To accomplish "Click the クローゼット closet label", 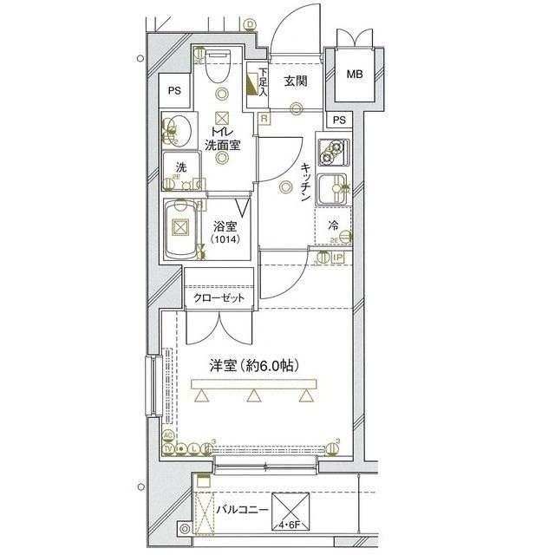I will tap(219, 298).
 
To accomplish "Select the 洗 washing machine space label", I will tap(180, 167).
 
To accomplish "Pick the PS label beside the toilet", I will tap(175, 90).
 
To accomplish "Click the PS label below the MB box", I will tap(340, 120).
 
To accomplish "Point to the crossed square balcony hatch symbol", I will tap(290, 506).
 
